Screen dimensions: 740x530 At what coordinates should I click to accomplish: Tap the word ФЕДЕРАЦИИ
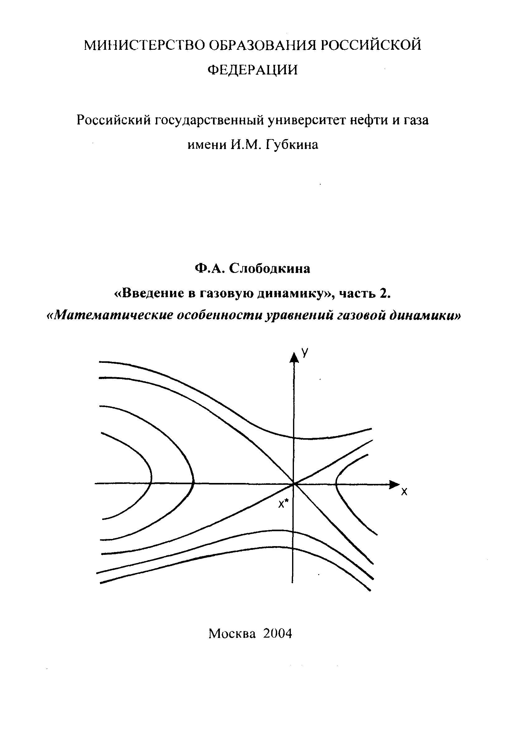(x=253, y=70)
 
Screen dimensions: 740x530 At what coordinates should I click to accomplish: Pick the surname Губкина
(x=292, y=144)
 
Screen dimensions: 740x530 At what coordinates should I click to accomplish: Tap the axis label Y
(x=305, y=352)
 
